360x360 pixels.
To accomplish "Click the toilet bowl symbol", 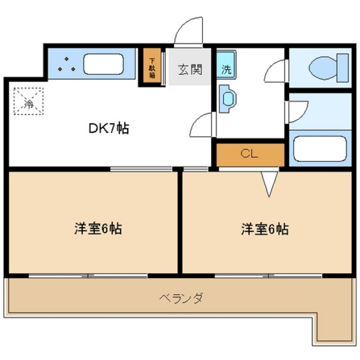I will (324, 67).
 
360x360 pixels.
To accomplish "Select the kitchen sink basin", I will (103, 64).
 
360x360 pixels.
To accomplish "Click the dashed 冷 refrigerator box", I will (28, 101).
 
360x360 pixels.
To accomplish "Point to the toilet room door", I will (276, 71).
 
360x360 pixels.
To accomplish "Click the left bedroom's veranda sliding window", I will (88, 276).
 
